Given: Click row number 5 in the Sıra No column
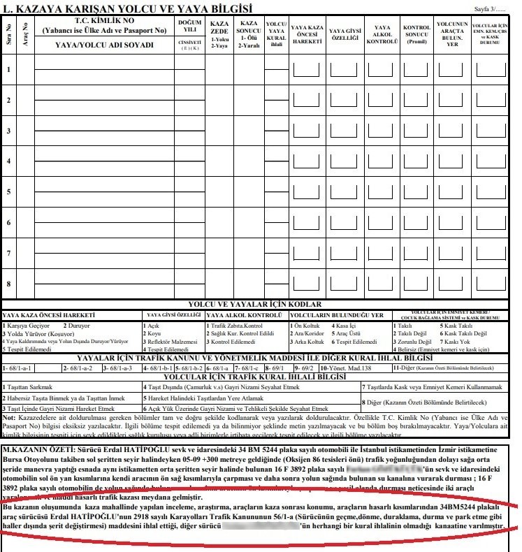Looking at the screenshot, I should click(x=8, y=191).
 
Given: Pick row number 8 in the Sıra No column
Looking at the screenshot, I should click(x=8, y=283).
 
